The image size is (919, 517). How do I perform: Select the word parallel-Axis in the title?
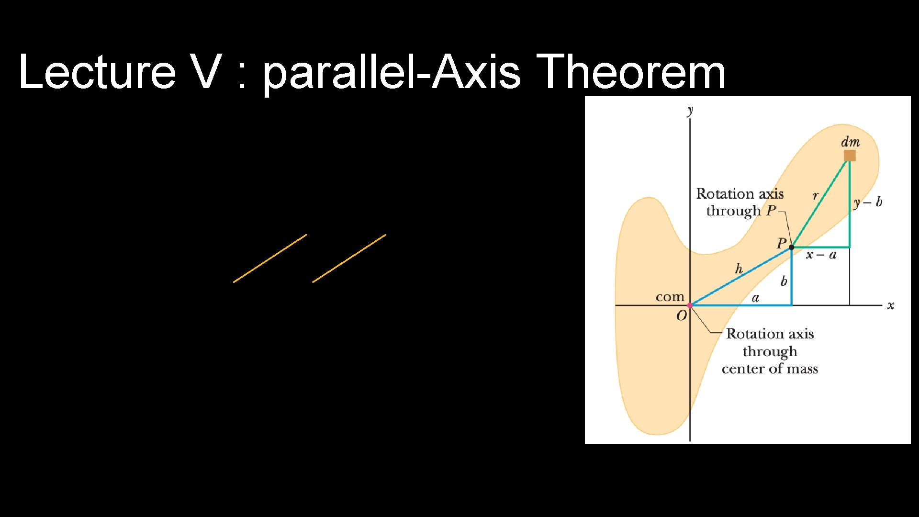pos(392,73)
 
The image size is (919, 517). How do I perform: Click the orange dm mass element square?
pos(850,156)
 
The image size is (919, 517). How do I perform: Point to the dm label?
pos(850,142)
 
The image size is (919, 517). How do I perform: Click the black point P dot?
pos(792,247)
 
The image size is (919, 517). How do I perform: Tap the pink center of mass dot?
pos(690,305)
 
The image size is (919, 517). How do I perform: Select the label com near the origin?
pos(670,297)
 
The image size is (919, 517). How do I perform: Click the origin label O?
pos(681,316)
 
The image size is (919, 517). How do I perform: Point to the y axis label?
pos(690,111)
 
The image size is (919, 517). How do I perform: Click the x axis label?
pos(890,305)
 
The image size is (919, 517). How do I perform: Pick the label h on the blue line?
pos(739,269)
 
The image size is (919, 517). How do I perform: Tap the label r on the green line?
pos(816,195)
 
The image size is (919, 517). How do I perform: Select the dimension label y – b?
pos(868,202)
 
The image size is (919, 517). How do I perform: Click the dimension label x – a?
pos(821,255)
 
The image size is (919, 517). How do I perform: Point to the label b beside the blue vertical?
pos(784,281)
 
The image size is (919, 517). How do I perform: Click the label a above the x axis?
pos(755,298)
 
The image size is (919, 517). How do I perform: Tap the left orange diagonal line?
pos(270,258)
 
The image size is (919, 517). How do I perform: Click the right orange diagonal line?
pos(349,258)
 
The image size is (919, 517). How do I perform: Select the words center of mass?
pos(770,369)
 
